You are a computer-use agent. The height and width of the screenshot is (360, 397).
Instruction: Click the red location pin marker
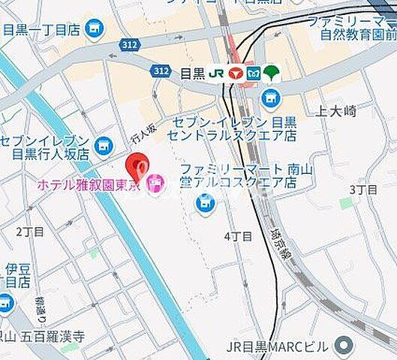137,163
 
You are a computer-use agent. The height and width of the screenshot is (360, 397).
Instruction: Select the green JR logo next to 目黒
216,73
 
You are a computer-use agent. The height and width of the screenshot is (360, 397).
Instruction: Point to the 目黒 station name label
193,73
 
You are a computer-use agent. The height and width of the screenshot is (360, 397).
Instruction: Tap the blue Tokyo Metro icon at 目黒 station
254,73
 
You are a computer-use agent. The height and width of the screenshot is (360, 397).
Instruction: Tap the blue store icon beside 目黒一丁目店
94,30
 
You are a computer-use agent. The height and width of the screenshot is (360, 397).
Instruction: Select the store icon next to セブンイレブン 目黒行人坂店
104,142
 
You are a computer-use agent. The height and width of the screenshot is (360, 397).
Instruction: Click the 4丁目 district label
238,236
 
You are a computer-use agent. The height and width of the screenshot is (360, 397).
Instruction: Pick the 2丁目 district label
30,231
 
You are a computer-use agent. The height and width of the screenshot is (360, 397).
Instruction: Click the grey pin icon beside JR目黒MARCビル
344,346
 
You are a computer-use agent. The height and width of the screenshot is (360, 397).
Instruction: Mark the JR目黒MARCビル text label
277,346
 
